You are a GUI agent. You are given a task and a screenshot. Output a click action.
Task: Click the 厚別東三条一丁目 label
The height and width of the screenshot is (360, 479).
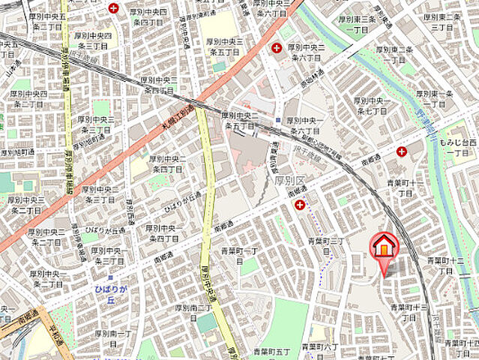(x=358, y=24)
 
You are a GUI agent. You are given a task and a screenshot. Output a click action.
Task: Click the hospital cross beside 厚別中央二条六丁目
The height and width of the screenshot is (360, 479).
(x=277, y=48)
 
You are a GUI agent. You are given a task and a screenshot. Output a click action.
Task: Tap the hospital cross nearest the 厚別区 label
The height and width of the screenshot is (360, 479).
(x=300, y=205)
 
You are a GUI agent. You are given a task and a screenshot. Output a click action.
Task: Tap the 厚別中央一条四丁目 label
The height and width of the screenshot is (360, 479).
(x=163, y=232)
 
